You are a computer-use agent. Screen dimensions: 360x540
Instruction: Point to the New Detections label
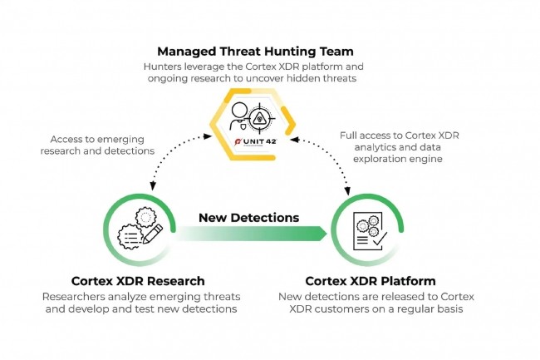click(248, 218)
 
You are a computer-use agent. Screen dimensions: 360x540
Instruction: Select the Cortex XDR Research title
click(139, 280)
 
